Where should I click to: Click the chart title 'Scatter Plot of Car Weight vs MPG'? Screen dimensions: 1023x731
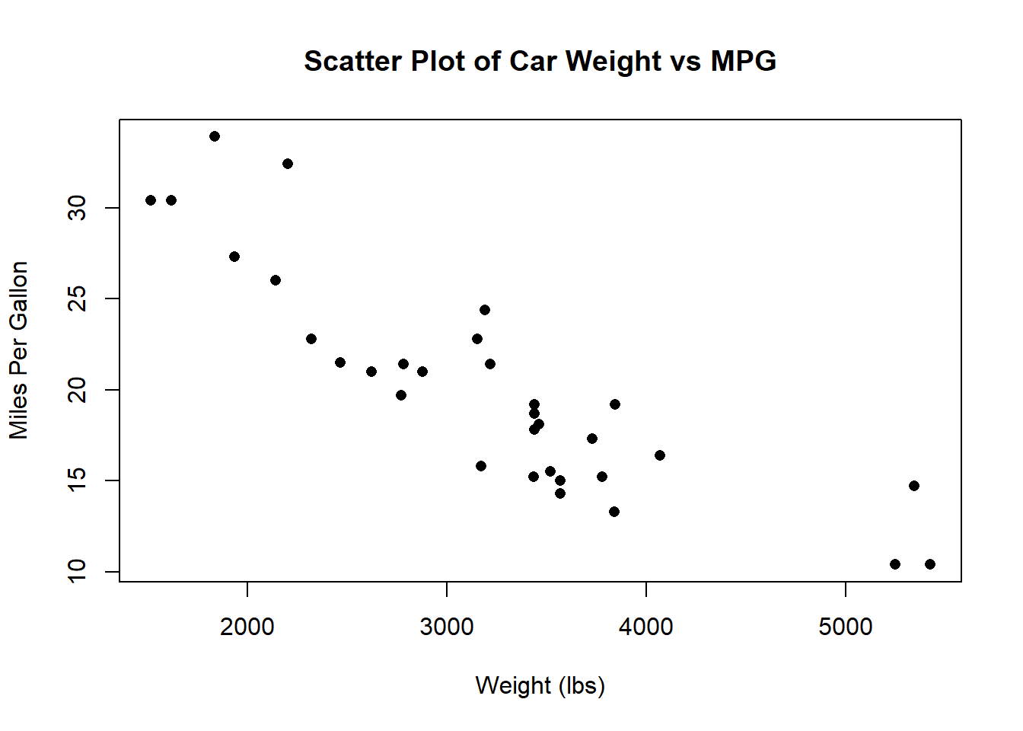pyautogui.click(x=540, y=61)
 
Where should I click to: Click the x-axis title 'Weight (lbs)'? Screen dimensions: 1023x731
pyautogui.click(x=540, y=686)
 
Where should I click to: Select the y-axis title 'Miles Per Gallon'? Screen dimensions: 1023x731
pyautogui.click(x=19, y=350)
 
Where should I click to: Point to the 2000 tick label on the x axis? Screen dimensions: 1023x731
pyautogui.click(x=247, y=627)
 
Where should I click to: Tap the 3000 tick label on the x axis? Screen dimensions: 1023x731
pyautogui.click(x=447, y=627)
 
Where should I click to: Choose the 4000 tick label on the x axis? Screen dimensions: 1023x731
pyautogui.click(x=645, y=627)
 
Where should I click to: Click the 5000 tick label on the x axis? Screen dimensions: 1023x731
pyautogui.click(x=846, y=627)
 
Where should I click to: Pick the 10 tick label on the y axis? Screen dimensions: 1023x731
pyautogui.click(x=77, y=572)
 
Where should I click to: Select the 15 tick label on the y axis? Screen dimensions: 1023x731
pyautogui.click(x=77, y=480)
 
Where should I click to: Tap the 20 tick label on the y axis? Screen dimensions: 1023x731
pyautogui.click(x=77, y=390)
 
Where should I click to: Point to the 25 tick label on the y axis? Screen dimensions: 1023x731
pyautogui.click(x=77, y=298)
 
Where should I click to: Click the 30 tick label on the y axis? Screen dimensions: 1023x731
pyautogui.click(x=77, y=208)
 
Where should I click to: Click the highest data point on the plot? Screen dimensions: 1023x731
pyautogui.click(x=215, y=136)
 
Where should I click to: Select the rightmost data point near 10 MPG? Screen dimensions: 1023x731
pyautogui.click(x=930, y=564)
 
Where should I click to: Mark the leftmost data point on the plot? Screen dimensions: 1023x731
pyautogui.click(x=151, y=200)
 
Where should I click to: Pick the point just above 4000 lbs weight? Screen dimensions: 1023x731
pyautogui.click(x=659, y=455)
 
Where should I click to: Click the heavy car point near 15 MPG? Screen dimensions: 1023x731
pyautogui.click(x=914, y=486)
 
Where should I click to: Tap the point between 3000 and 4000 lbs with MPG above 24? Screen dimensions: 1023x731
pyautogui.click(x=485, y=310)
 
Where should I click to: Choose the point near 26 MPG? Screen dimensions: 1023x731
pyautogui.click(x=276, y=280)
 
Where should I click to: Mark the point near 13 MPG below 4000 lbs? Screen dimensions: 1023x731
pyautogui.click(x=614, y=512)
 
